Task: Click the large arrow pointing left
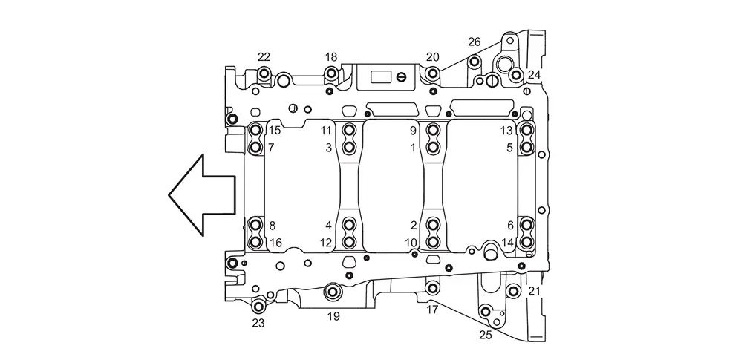pyautogui.click(x=201, y=195)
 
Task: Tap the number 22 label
pyautogui.click(x=264, y=57)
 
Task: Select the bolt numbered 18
pyautogui.click(x=331, y=74)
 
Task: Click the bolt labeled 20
pyautogui.click(x=432, y=74)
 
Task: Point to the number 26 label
pyautogui.click(x=474, y=42)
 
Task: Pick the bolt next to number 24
pyautogui.click(x=515, y=75)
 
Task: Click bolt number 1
pyautogui.click(x=433, y=147)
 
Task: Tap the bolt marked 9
pyautogui.click(x=433, y=130)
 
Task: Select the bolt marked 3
pyautogui.click(x=350, y=147)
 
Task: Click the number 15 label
pyautogui.click(x=275, y=131)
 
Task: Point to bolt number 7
pyautogui.click(x=256, y=147)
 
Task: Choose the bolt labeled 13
pyautogui.click(x=526, y=130)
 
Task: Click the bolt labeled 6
pyautogui.click(x=526, y=224)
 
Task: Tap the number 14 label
pyautogui.click(x=507, y=243)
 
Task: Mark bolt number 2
pyautogui.click(x=433, y=224)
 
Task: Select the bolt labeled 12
pyautogui.click(x=350, y=242)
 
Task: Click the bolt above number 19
pyautogui.click(x=333, y=291)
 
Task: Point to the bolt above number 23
pyautogui.click(x=258, y=307)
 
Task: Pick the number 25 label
pyautogui.click(x=486, y=336)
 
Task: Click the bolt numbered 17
pyautogui.click(x=432, y=288)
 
